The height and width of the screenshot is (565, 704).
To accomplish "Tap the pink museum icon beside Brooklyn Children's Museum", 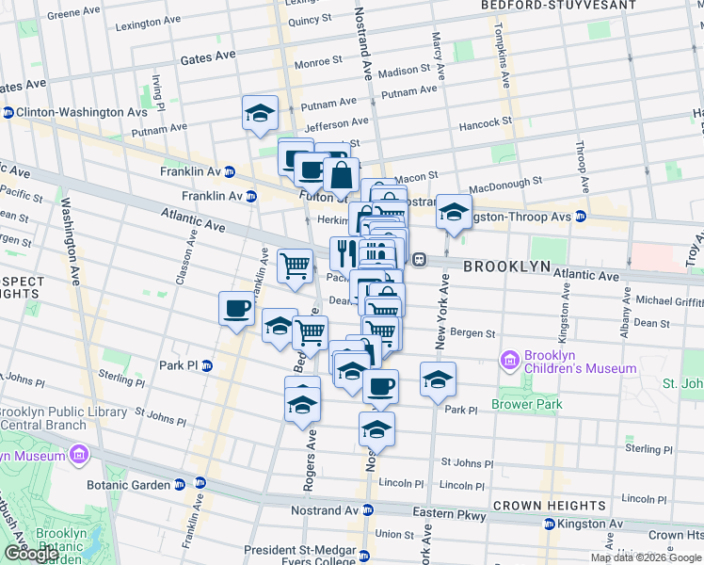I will (x=511, y=359).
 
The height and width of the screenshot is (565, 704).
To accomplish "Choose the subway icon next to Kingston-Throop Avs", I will (x=581, y=216).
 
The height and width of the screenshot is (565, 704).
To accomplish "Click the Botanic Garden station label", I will (x=132, y=484).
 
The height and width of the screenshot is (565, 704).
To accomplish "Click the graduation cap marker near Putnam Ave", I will (x=260, y=114).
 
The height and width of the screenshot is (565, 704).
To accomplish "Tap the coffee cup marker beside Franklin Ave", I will (x=236, y=308).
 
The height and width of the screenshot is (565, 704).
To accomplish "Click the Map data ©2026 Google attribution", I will (x=646, y=557).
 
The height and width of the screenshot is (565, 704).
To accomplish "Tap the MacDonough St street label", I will (x=505, y=182).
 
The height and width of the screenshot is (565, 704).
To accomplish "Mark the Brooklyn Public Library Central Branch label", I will (x=63, y=419).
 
